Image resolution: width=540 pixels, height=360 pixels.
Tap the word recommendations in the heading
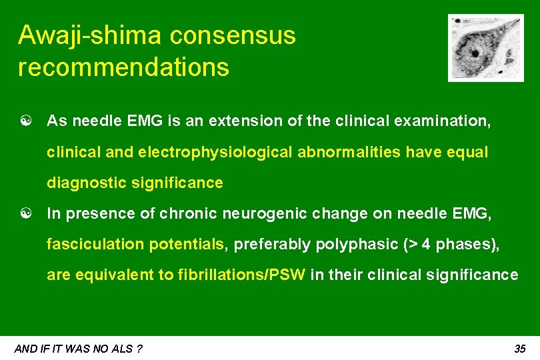tap(123, 67)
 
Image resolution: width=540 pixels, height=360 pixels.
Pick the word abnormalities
tap(348, 153)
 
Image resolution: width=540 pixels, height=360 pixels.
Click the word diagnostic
tap(87, 183)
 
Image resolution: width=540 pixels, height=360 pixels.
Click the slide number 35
tap(520, 349)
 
